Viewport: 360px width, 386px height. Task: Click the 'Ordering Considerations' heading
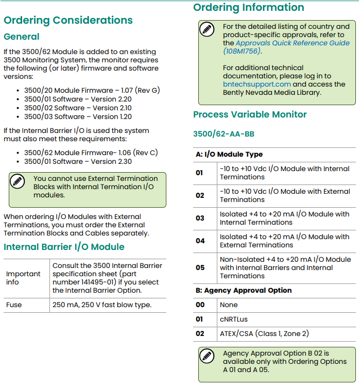pos(68,21)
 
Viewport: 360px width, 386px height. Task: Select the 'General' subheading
pos(22,37)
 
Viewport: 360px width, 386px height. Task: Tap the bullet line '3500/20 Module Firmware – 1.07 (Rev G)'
pos(92,90)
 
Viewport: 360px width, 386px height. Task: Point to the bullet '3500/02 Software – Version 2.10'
pos(78,108)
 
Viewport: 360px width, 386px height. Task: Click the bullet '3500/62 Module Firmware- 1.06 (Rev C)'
pos(91,153)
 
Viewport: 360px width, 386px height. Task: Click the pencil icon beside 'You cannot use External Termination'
pos(18,181)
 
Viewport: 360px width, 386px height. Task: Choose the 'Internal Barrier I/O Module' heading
pos(64,247)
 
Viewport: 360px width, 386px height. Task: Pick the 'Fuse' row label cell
pos(14,305)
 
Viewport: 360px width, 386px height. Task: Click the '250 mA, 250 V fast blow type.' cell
pos(102,305)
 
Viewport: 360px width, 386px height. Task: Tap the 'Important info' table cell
pos(23,278)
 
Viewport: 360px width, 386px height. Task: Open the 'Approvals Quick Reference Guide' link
pos(293,43)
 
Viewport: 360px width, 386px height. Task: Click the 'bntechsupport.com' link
pos(257,84)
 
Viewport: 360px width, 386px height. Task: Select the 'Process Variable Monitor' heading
pos(250,114)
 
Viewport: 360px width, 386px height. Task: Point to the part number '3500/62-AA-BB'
pos(224,134)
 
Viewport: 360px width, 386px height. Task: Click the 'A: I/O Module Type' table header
pos(229,154)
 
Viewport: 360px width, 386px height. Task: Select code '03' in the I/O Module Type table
pos(200,218)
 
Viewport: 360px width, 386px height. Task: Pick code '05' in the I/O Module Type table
pos(200,267)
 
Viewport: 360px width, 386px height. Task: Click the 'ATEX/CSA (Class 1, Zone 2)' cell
pos(264,333)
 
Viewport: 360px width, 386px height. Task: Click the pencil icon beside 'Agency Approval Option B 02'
pos(207,356)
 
